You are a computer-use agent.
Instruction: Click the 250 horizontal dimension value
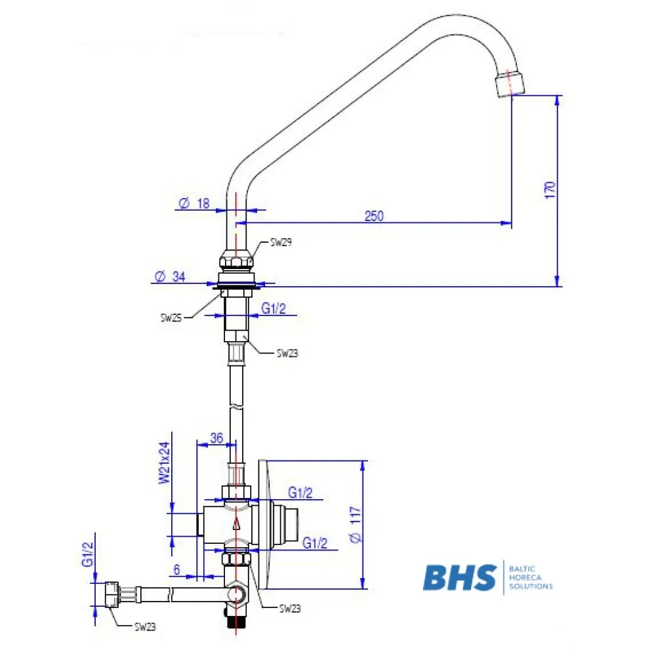pos(374,215)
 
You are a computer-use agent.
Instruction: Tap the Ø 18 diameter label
pos(194,204)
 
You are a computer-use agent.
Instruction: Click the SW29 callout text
pos(281,242)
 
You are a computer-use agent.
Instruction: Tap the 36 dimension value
pos(216,438)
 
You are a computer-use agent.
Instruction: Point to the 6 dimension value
pos(177,570)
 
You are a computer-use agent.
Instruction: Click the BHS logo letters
pos(459,577)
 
